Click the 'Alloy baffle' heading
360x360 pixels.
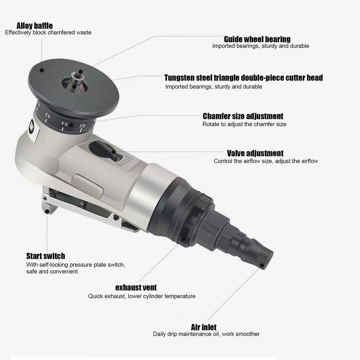(x=34, y=26)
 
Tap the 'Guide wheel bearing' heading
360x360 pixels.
(x=257, y=39)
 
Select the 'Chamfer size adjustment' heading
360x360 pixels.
(x=243, y=116)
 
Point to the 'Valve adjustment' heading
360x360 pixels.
(x=255, y=153)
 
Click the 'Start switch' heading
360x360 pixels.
(x=45, y=256)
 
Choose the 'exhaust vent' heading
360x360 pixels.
(x=136, y=288)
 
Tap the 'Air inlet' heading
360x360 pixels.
(x=204, y=327)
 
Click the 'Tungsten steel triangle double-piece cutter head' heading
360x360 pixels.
(x=243, y=78)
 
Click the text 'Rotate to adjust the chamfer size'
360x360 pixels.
(x=244, y=124)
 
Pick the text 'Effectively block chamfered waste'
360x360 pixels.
(x=48, y=32)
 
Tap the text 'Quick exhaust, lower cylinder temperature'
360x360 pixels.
(x=142, y=296)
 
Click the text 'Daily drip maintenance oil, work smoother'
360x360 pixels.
(x=206, y=334)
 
